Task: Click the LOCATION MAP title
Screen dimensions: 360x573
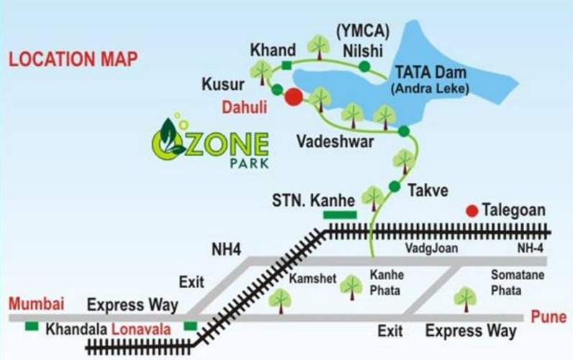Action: (x=73, y=59)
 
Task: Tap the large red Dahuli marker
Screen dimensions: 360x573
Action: (x=293, y=97)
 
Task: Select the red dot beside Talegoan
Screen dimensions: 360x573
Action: (x=472, y=211)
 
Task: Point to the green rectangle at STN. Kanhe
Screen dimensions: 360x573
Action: (x=339, y=214)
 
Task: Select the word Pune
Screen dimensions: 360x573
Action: (x=548, y=317)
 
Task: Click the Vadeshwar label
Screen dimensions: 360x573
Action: (x=335, y=143)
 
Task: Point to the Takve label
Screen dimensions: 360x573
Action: (x=428, y=191)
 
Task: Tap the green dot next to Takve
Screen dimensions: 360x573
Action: (x=394, y=186)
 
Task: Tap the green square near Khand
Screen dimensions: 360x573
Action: (x=286, y=66)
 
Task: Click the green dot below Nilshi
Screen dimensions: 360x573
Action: (x=364, y=67)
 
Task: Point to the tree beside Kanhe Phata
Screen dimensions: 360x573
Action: (x=351, y=286)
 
